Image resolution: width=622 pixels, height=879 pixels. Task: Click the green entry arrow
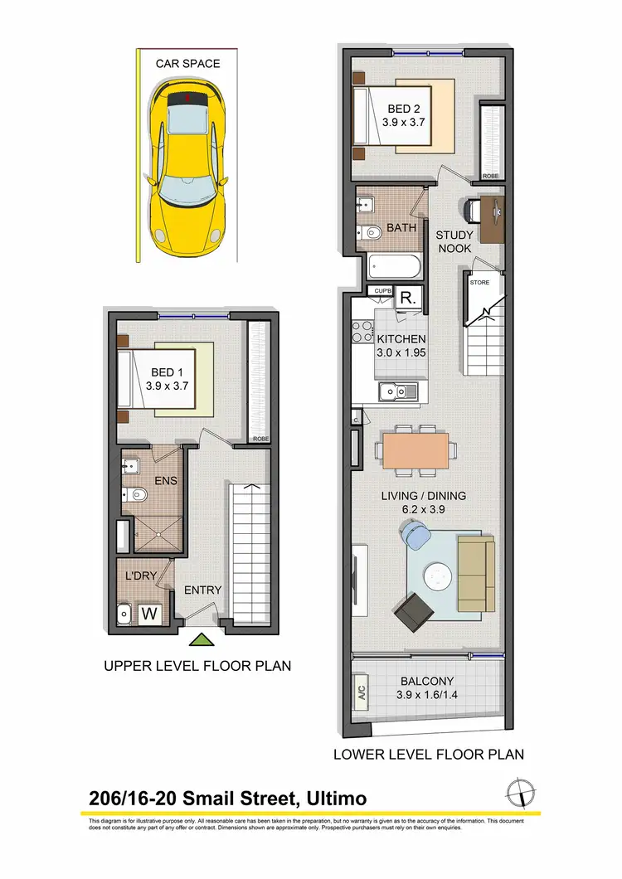(x=201, y=639)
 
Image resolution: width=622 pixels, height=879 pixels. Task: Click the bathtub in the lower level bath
(x=396, y=268)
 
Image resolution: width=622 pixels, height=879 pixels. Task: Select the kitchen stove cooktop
(x=362, y=332)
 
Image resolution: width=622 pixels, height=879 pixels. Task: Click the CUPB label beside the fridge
(x=382, y=291)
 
